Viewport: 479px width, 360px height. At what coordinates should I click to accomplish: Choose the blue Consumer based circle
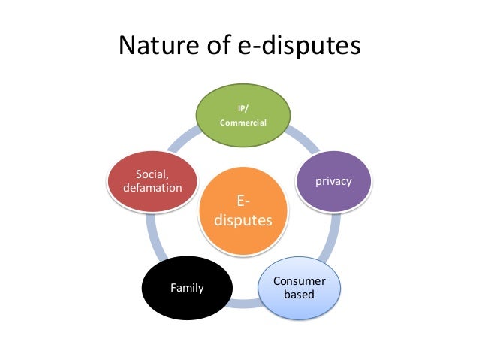(299, 287)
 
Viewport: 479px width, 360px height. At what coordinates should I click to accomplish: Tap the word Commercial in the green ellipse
(243, 123)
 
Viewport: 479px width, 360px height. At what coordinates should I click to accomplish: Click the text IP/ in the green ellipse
(243, 108)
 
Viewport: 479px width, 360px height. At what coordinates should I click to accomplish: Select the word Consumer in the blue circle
(299, 280)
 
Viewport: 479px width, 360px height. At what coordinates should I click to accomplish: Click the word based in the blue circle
(299, 295)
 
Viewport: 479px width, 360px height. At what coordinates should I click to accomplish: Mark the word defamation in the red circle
(152, 188)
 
